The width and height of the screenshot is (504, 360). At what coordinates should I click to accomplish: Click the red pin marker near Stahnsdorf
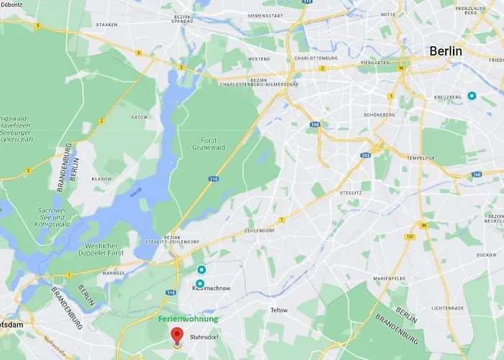pos(176,335)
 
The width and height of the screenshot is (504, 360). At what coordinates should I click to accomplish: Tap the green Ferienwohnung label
pos(188,319)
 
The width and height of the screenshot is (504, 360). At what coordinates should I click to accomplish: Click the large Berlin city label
pos(445,51)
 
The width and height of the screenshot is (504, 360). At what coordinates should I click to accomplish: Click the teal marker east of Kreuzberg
pos(472,95)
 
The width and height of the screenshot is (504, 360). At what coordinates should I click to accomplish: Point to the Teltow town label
pos(279,310)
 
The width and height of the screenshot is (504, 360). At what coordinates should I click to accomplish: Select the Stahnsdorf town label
pos(203,336)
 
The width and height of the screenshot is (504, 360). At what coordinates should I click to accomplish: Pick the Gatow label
pos(139,117)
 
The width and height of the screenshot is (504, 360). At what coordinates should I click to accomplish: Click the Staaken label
pos(107,24)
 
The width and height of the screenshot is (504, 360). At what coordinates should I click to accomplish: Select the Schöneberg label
pos(379,114)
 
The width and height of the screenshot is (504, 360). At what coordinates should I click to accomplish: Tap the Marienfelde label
pos(392,279)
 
